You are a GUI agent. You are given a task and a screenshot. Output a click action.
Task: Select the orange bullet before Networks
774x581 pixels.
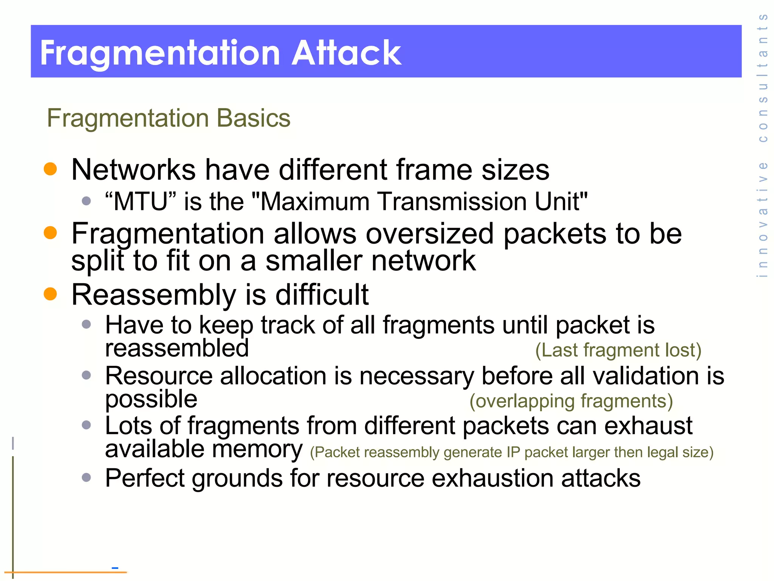pyautogui.click(x=50, y=169)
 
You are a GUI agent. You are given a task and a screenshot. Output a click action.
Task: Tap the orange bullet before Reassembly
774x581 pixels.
pyautogui.click(x=50, y=294)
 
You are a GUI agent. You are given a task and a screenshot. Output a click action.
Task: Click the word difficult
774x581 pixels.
pyautogui.click(x=322, y=295)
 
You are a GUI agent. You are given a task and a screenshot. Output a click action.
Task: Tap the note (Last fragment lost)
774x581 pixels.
pyautogui.click(x=618, y=350)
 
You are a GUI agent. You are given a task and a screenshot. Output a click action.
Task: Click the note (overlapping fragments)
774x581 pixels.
pyautogui.click(x=571, y=401)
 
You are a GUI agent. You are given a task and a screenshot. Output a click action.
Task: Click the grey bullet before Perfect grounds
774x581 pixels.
pyautogui.click(x=87, y=477)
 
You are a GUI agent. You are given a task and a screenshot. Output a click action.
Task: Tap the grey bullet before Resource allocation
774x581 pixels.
pyautogui.click(x=87, y=375)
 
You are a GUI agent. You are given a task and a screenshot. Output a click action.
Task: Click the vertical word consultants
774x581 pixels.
pyautogui.click(x=763, y=78)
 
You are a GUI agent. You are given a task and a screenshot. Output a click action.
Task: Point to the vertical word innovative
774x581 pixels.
pyautogui.click(x=763, y=219)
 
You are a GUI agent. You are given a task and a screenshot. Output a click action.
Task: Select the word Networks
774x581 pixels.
pyautogui.click(x=133, y=169)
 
